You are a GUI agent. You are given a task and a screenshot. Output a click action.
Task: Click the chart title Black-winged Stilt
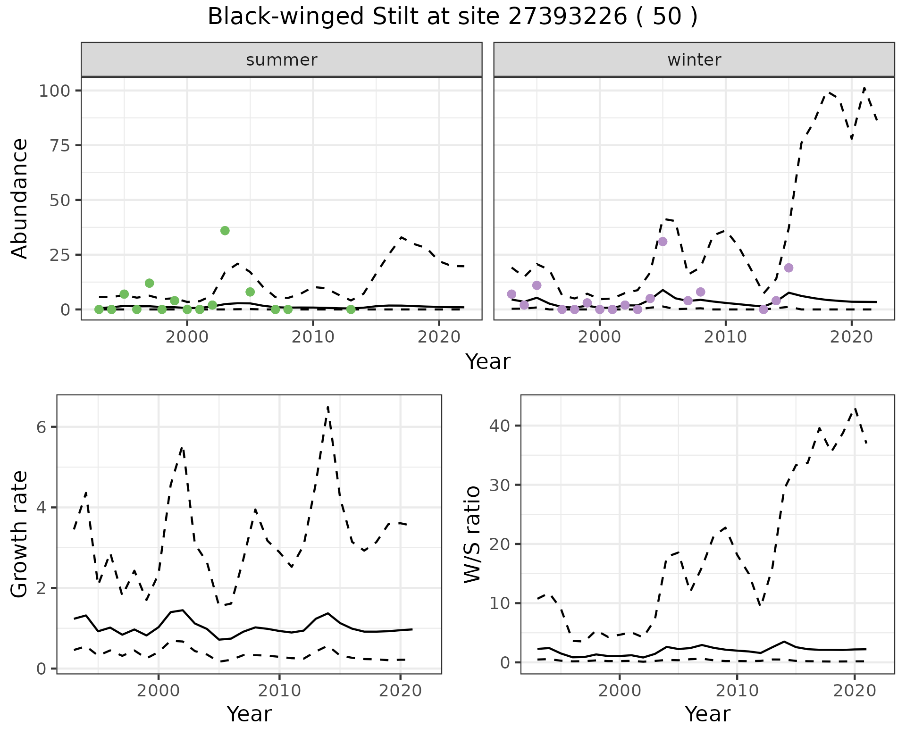[452, 17]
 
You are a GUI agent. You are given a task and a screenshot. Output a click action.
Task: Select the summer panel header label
[282, 60]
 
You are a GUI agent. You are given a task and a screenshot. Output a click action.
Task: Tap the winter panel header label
[694, 60]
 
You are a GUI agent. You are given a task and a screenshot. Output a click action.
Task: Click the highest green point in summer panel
[225, 231]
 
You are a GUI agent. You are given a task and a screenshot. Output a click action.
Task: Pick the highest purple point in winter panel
[663, 242]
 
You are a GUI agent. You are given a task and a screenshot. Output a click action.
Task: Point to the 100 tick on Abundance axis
[56, 91]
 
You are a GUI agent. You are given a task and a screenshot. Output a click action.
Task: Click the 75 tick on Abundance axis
[62, 145]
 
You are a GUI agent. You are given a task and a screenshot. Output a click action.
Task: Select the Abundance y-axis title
[20, 198]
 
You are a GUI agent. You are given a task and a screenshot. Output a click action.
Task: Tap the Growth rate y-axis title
[20, 534]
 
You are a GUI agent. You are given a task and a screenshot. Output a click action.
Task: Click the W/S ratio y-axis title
[472, 534]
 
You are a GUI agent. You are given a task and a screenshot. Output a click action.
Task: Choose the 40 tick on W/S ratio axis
[500, 426]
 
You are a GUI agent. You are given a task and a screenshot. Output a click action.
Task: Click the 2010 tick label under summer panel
[313, 337]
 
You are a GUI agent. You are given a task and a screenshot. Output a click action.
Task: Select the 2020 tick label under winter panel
[851, 337]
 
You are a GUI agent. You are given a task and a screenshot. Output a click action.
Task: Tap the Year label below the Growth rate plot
[249, 714]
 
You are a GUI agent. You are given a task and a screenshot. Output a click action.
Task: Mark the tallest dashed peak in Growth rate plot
[327, 407]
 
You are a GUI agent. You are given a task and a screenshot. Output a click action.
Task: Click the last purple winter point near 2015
[789, 268]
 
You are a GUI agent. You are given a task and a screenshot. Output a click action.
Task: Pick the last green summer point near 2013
[351, 309]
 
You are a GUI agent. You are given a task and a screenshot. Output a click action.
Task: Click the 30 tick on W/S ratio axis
[500, 485]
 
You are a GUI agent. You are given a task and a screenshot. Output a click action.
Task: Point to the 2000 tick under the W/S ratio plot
[620, 691]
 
